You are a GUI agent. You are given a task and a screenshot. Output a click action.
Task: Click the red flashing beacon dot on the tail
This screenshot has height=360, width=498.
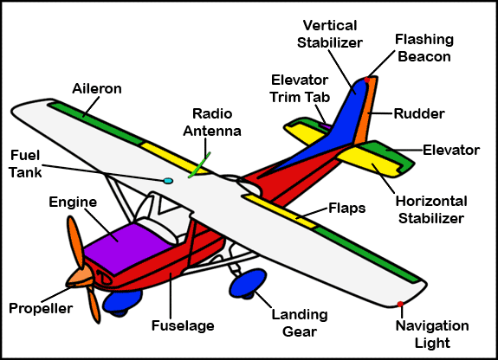click(x=367, y=80)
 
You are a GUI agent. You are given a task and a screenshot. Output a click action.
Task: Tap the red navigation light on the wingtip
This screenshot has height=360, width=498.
click(x=400, y=304)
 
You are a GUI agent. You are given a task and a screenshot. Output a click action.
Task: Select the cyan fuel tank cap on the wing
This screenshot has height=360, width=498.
click(x=168, y=181)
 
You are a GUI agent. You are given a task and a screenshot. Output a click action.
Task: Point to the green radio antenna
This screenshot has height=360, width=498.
click(x=199, y=164)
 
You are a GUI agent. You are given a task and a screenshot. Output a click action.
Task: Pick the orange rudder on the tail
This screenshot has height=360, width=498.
click(x=366, y=111)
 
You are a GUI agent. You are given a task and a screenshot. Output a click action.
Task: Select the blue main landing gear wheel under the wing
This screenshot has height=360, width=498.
click(x=248, y=283)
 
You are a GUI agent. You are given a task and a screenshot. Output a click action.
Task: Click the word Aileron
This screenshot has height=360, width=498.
click(x=97, y=88)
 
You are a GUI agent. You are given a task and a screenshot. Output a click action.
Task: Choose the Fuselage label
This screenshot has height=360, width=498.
click(x=183, y=325)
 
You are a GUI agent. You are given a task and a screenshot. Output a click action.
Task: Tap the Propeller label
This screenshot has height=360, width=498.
click(x=41, y=309)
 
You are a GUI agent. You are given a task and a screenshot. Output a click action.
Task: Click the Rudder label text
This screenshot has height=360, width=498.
click(x=419, y=113)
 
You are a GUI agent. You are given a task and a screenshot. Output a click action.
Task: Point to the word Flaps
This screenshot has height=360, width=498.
click(x=346, y=209)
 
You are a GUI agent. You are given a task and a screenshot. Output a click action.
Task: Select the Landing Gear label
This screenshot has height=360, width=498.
click(x=300, y=323)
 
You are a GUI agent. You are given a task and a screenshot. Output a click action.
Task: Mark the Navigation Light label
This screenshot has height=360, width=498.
click(x=432, y=334)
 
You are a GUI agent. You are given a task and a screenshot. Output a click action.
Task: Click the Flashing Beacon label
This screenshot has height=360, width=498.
click(x=424, y=48)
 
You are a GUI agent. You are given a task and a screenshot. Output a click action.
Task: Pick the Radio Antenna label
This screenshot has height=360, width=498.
click(x=212, y=122)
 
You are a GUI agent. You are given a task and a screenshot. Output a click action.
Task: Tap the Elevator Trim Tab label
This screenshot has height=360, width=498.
click(x=300, y=88)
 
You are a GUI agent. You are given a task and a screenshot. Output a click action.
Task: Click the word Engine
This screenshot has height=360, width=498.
click(x=73, y=202)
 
